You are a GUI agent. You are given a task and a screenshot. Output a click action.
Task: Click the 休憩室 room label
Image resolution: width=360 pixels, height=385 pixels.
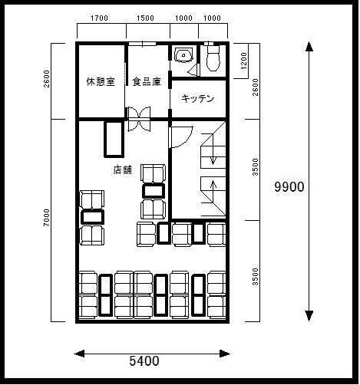pos(101,81)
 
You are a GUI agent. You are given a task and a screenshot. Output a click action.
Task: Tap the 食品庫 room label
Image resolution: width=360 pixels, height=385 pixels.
pos(147,81)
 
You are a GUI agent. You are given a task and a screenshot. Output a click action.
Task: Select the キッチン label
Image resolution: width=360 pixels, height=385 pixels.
pos(197,98)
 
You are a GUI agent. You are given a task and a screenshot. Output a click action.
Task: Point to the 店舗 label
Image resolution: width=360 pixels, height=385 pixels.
pos(123,169)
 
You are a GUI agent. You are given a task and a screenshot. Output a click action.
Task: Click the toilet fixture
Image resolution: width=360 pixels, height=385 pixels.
pos(213,57)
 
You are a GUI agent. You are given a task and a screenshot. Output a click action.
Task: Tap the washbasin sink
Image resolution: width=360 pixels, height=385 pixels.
pos(183,54)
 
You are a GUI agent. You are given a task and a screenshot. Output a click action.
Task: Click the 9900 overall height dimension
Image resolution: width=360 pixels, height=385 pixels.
pos(289,187)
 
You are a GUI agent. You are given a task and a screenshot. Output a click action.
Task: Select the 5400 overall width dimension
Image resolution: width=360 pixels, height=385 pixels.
pos(144,361)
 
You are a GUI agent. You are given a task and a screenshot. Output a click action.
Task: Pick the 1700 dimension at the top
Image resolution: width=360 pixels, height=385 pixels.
pos(99,18)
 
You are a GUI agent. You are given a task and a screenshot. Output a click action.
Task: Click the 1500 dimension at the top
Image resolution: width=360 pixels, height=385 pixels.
pos(145,18)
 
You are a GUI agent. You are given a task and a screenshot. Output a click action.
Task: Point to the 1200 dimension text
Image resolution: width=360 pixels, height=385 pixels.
pos(244,61)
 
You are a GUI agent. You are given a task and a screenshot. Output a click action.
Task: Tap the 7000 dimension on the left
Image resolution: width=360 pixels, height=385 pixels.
pos(46,218)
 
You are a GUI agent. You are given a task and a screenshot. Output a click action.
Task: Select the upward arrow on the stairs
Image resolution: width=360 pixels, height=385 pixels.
pos(213,190)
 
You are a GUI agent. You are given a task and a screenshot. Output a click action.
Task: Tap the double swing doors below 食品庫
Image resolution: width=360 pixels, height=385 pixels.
pos(139,119)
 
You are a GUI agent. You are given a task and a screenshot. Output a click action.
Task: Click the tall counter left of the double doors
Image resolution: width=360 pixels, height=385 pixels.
pos(114,140)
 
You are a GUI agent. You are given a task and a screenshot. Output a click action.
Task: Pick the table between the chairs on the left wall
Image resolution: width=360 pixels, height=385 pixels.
pos(92,217)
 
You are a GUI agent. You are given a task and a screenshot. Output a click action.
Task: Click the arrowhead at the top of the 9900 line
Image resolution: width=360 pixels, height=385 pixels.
pos(309,47)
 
